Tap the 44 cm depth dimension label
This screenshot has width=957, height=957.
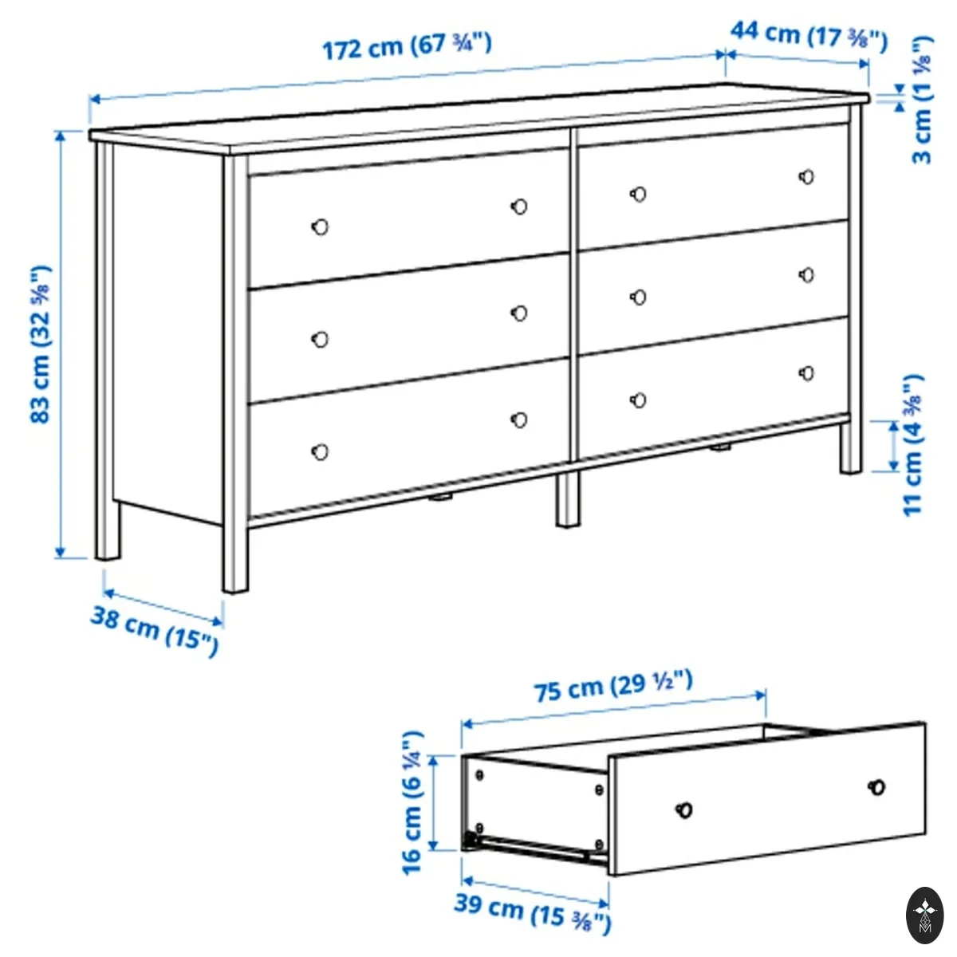pyautogui.click(x=809, y=37)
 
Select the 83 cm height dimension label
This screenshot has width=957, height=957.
pyautogui.click(x=41, y=345)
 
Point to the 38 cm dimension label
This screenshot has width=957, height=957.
pyautogui.click(x=155, y=631)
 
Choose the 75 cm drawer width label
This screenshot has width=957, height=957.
pyautogui.click(x=612, y=686)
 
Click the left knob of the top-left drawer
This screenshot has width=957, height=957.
pyautogui.click(x=321, y=227)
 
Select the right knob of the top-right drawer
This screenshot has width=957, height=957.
pyautogui.click(x=806, y=176)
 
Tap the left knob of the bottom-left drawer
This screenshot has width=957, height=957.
pyautogui.click(x=321, y=451)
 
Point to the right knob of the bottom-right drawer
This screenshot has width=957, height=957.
pyautogui.click(x=806, y=372)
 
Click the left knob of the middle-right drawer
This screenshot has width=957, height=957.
pyautogui.click(x=638, y=297)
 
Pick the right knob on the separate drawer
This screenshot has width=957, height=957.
pyautogui.click(x=876, y=787)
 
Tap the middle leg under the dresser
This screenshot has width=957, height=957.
pyautogui.click(x=568, y=498)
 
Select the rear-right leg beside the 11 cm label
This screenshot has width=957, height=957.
pyautogui.click(x=851, y=446)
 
